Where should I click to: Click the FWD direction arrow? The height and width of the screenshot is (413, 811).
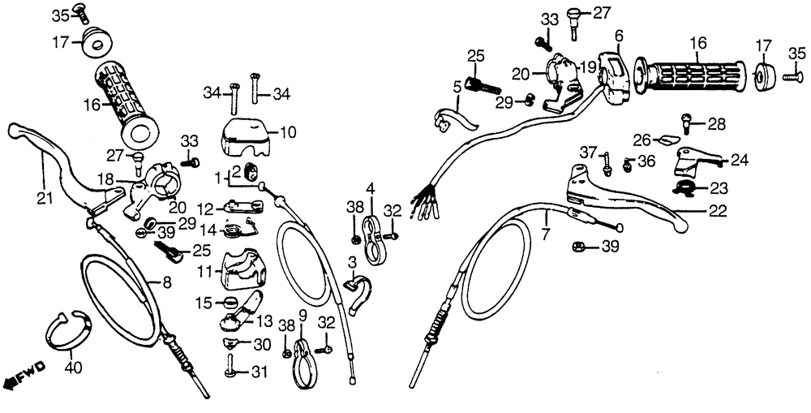click(23, 375)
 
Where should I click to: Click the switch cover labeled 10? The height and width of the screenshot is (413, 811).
click(247, 134)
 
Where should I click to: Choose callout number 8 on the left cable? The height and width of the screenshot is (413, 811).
click(167, 283)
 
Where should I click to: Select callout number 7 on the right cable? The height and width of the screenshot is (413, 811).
click(546, 234)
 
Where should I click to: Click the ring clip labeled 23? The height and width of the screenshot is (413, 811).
click(686, 188)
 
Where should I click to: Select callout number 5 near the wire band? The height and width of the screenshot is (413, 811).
click(457, 86)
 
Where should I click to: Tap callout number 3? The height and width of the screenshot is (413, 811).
click(353, 263)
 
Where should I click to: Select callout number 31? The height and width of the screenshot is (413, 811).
click(259, 372)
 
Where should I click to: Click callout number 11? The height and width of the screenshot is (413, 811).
click(205, 269)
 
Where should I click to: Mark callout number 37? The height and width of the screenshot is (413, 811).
click(587, 152)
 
